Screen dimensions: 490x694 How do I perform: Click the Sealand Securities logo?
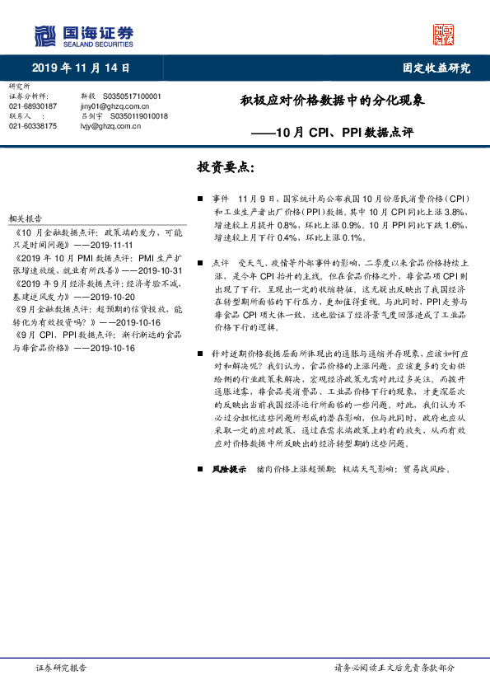83,35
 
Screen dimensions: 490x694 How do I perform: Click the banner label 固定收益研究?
436,68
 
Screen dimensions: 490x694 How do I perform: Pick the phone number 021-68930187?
33,106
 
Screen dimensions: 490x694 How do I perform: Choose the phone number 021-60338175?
33,126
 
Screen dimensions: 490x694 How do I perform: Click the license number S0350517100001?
133,96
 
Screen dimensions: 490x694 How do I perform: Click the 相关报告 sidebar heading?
25,218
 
